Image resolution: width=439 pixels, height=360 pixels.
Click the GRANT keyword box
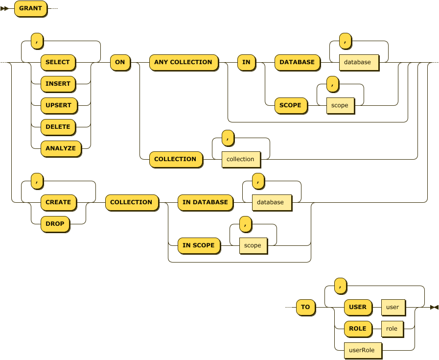(x=30, y=8)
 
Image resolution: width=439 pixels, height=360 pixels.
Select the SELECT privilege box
(x=58, y=62)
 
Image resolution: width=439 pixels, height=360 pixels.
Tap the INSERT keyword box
(x=58, y=84)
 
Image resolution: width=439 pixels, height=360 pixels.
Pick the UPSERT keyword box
(x=58, y=105)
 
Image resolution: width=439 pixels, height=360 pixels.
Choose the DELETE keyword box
(x=58, y=127)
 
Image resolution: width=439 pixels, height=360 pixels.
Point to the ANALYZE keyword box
(x=61, y=148)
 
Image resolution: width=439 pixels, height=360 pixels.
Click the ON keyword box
(x=120, y=62)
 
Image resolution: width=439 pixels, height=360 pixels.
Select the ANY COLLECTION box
(x=183, y=62)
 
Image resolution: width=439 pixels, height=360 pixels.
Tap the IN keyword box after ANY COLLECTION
(x=246, y=62)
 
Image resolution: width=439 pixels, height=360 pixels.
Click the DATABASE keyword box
(x=297, y=62)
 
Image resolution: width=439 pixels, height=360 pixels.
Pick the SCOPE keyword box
(x=290, y=105)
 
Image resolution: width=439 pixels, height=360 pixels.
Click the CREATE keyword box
(x=58, y=202)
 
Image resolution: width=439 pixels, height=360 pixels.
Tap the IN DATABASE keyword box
(x=205, y=202)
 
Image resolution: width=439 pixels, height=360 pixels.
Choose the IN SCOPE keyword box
(x=199, y=245)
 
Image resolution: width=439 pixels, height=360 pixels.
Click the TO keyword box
(x=305, y=307)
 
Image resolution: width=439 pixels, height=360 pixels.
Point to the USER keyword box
(x=358, y=307)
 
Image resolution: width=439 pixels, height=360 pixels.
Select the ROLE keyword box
(x=358, y=329)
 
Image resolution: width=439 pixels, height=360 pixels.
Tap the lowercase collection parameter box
(x=240, y=159)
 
